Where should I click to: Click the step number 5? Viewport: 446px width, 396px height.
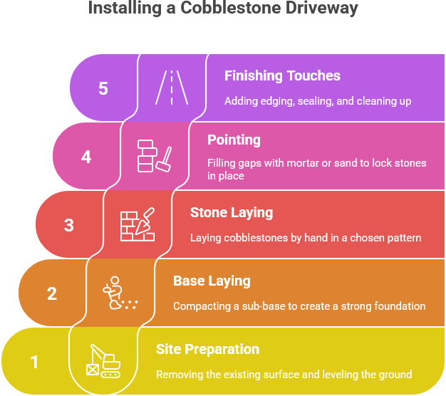(103, 88)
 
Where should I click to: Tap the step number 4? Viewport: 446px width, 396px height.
(86, 157)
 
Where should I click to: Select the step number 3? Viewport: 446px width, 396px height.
(69, 225)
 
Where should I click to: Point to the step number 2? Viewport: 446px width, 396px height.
(52, 293)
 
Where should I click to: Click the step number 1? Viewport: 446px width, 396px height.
(34, 362)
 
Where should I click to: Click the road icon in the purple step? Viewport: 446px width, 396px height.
(171, 88)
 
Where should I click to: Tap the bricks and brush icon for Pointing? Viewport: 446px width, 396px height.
(154, 156)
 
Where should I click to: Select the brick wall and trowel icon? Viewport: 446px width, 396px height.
(137, 224)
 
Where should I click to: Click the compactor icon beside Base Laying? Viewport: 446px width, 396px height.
(119, 293)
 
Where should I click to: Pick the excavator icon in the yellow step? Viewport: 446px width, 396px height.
(103, 361)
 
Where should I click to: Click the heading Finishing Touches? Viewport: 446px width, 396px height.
(282, 75)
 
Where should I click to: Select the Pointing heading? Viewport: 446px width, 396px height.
(234, 140)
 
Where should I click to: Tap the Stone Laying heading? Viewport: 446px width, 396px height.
(231, 212)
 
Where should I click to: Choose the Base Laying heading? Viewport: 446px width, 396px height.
(212, 281)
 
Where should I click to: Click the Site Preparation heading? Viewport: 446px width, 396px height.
(207, 349)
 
